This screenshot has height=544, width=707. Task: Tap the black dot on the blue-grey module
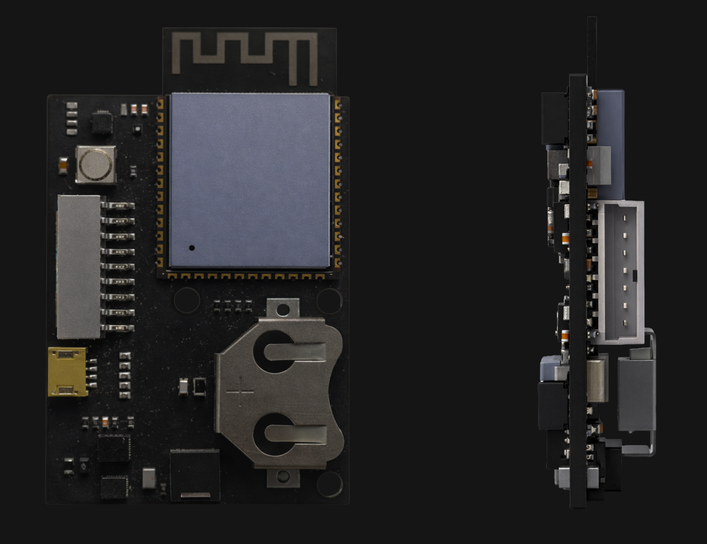(192, 248)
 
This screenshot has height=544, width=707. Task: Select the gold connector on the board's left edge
(67, 372)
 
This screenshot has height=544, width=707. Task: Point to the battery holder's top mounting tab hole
(281, 310)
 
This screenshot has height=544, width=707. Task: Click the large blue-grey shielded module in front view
(250, 180)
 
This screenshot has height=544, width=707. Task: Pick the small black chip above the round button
(101, 121)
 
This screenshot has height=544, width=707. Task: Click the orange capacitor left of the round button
(63, 164)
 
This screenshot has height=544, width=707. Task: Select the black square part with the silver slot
(195, 475)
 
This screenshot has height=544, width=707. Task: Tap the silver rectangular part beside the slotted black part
(149, 478)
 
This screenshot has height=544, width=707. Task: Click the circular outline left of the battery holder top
(186, 301)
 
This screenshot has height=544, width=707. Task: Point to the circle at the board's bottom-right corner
(329, 484)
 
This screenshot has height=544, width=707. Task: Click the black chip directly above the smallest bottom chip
(114, 448)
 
